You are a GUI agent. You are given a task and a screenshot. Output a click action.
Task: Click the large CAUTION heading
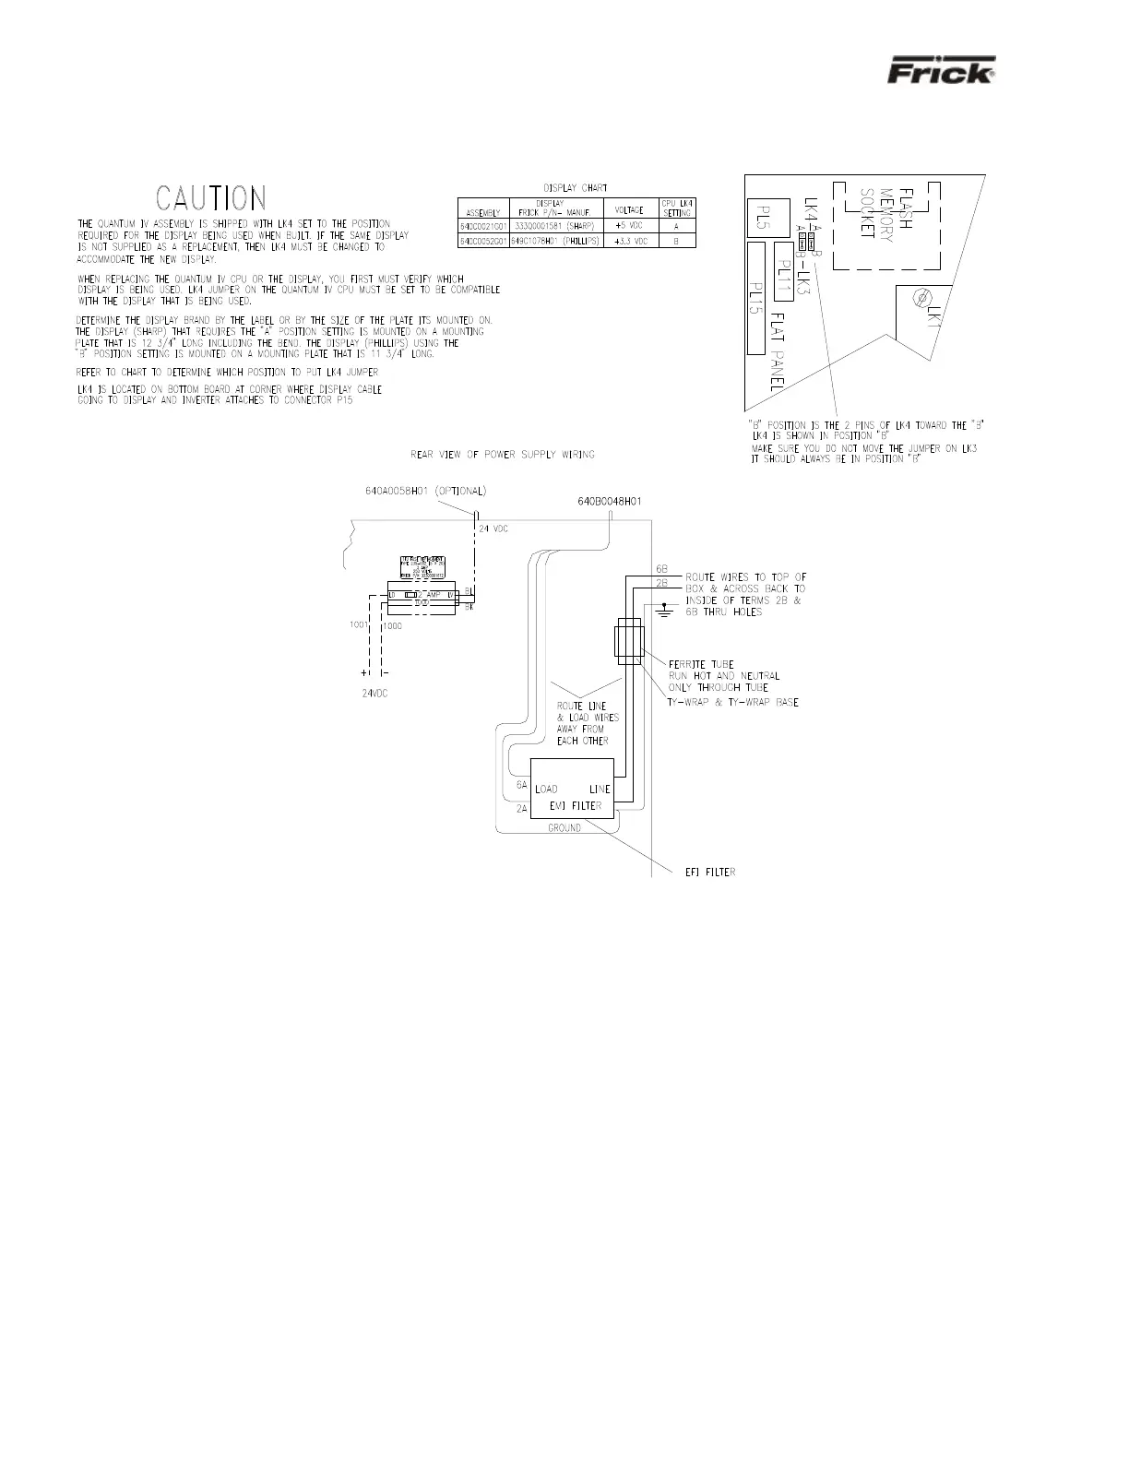pyautogui.click(x=211, y=198)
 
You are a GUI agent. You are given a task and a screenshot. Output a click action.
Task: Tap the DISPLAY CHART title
pyautogui.click(x=576, y=188)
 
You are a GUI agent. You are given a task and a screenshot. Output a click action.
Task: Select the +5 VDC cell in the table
pyautogui.click(x=629, y=226)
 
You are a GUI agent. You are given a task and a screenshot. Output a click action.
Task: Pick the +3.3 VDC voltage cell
pyautogui.click(x=629, y=241)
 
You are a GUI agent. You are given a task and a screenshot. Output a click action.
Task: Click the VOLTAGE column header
pyautogui.click(x=629, y=209)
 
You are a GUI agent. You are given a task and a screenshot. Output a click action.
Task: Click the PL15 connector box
pyautogui.click(x=756, y=298)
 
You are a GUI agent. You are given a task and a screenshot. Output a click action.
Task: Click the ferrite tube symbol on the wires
pyautogui.click(x=628, y=641)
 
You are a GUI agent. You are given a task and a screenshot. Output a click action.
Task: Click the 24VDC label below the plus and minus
pyautogui.click(x=374, y=694)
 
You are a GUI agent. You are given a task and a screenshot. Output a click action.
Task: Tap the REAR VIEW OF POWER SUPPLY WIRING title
pyautogui.click(x=503, y=454)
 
